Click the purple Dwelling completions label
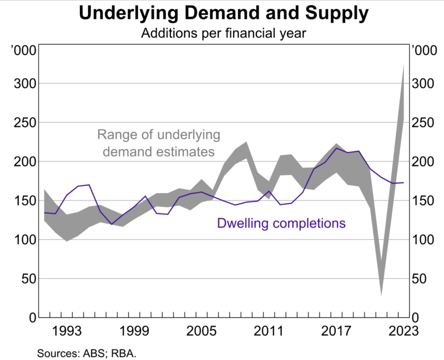click(x=281, y=224)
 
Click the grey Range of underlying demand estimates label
click(x=158, y=143)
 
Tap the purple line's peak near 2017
click(x=336, y=148)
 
